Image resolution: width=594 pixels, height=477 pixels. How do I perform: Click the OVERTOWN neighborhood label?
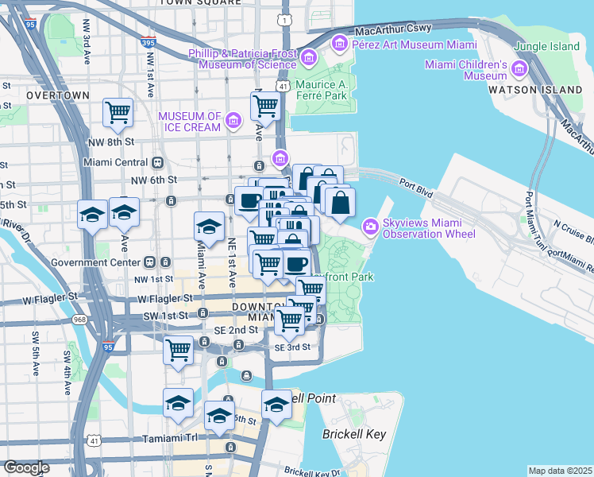pos(57,95)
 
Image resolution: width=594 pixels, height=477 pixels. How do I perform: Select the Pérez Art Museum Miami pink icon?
pos(340,41)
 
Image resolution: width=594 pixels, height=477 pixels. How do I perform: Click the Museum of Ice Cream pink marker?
pos(233,121)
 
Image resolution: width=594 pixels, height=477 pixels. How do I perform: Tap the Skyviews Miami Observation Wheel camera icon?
pos(370,228)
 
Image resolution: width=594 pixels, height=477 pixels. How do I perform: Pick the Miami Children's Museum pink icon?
pos(519,70)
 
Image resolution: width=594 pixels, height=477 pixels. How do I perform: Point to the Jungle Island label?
pos(546,46)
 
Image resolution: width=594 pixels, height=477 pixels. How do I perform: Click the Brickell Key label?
pos(353,434)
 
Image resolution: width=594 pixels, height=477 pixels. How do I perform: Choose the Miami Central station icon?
pos(157,162)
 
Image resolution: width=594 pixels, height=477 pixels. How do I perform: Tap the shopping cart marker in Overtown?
pos(118,113)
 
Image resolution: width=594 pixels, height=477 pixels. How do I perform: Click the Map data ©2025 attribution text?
pos(559,471)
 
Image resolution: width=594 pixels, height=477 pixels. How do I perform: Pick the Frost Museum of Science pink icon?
pos(309,58)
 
